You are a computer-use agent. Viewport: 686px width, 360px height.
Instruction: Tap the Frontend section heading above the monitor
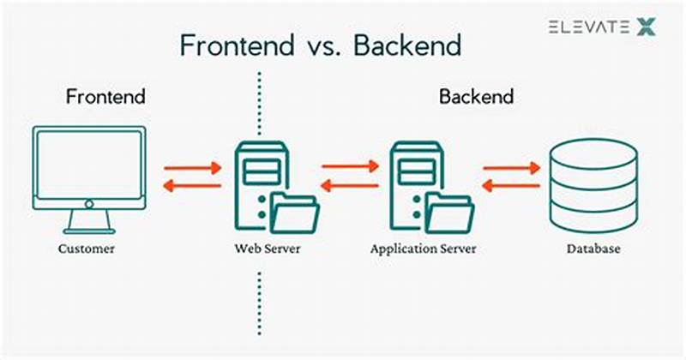pos(105,96)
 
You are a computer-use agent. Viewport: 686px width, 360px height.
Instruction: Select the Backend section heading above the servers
pos(477,96)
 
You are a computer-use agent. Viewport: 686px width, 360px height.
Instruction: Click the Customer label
pos(87,250)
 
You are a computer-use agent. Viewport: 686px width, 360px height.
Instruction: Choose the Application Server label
pos(423,250)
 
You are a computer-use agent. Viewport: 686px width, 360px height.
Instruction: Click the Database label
pos(593,250)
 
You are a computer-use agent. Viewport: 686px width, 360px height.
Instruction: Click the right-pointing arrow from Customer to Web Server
pos(192,167)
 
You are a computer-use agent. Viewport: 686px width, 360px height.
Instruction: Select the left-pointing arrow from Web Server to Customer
pos(192,186)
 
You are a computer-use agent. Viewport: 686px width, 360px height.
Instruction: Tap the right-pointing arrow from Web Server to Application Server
pos(350,167)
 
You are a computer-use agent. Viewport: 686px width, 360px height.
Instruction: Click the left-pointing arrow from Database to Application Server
pos(511,186)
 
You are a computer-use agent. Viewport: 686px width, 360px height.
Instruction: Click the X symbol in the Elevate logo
pos(646,27)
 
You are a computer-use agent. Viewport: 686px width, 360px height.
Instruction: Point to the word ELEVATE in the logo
pos(587,27)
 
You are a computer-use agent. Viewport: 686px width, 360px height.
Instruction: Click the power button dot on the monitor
pos(88,205)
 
